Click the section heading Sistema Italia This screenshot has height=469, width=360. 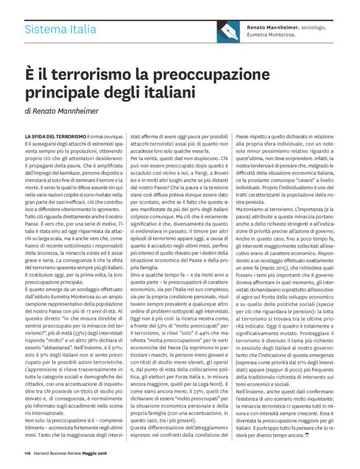click(x=60, y=29)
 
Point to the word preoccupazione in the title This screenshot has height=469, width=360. click(x=200, y=75)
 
